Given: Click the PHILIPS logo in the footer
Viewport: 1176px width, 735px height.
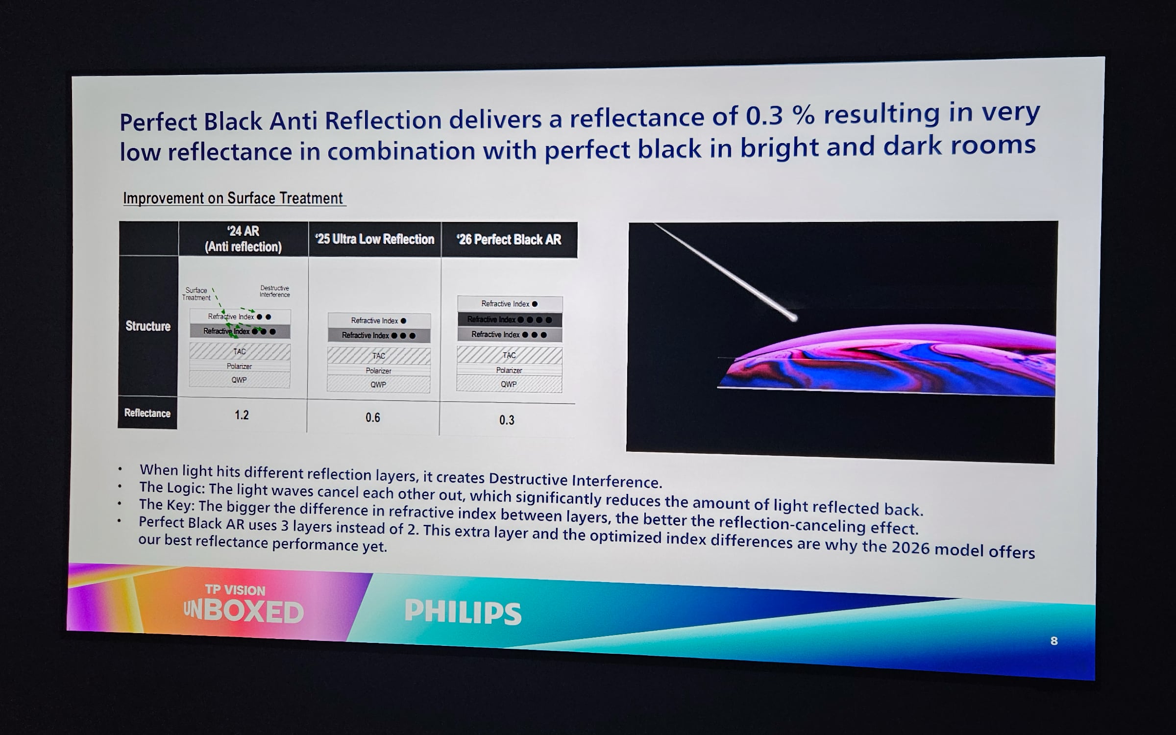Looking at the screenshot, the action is pyautogui.click(x=463, y=612).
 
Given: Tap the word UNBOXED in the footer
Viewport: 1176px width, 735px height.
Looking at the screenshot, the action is pyautogui.click(x=244, y=611).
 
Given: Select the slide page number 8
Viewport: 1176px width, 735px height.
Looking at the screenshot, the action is pyautogui.click(x=1054, y=641).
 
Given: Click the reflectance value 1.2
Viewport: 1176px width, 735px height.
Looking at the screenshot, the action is pyautogui.click(x=242, y=415).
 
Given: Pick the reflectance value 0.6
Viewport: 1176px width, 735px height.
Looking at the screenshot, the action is pyautogui.click(x=373, y=417).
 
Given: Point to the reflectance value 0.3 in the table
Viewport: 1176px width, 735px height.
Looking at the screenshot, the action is pyautogui.click(x=507, y=420).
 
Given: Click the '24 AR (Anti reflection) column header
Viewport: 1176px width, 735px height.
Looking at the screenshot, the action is pyautogui.click(x=244, y=239).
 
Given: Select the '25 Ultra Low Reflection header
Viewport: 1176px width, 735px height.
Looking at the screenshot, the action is pyautogui.click(x=375, y=239).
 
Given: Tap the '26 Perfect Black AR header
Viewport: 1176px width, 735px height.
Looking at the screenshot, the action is pyautogui.click(x=509, y=240).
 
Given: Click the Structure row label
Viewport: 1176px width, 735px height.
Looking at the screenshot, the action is pyautogui.click(x=148, y=326).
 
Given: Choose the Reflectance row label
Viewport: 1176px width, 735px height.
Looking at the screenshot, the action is pyautogui.click(x=147, y=413).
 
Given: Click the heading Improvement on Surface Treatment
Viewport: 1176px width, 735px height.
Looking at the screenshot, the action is pyautogui.click(x=233, y=198).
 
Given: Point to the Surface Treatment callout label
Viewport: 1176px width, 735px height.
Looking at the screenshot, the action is pyautogui.click(x=196, y=294).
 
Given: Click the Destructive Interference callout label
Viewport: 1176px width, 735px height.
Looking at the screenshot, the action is pyautogui.click(x=275, y=291).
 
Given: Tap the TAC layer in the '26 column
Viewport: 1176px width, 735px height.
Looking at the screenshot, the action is pyautogui.click(x=509, y=355).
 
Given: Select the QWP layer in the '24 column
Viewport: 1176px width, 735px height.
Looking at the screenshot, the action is pyautogui.click(x=240, y=380).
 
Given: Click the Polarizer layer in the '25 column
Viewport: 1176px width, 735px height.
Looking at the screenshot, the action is pyautogui.click(x=378, y=371).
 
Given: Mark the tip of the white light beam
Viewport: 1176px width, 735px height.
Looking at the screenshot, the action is pyautogui.click(x=794, y=318).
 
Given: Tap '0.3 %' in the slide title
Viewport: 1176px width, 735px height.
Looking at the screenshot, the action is pyautogui.click(x=780, y=116).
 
